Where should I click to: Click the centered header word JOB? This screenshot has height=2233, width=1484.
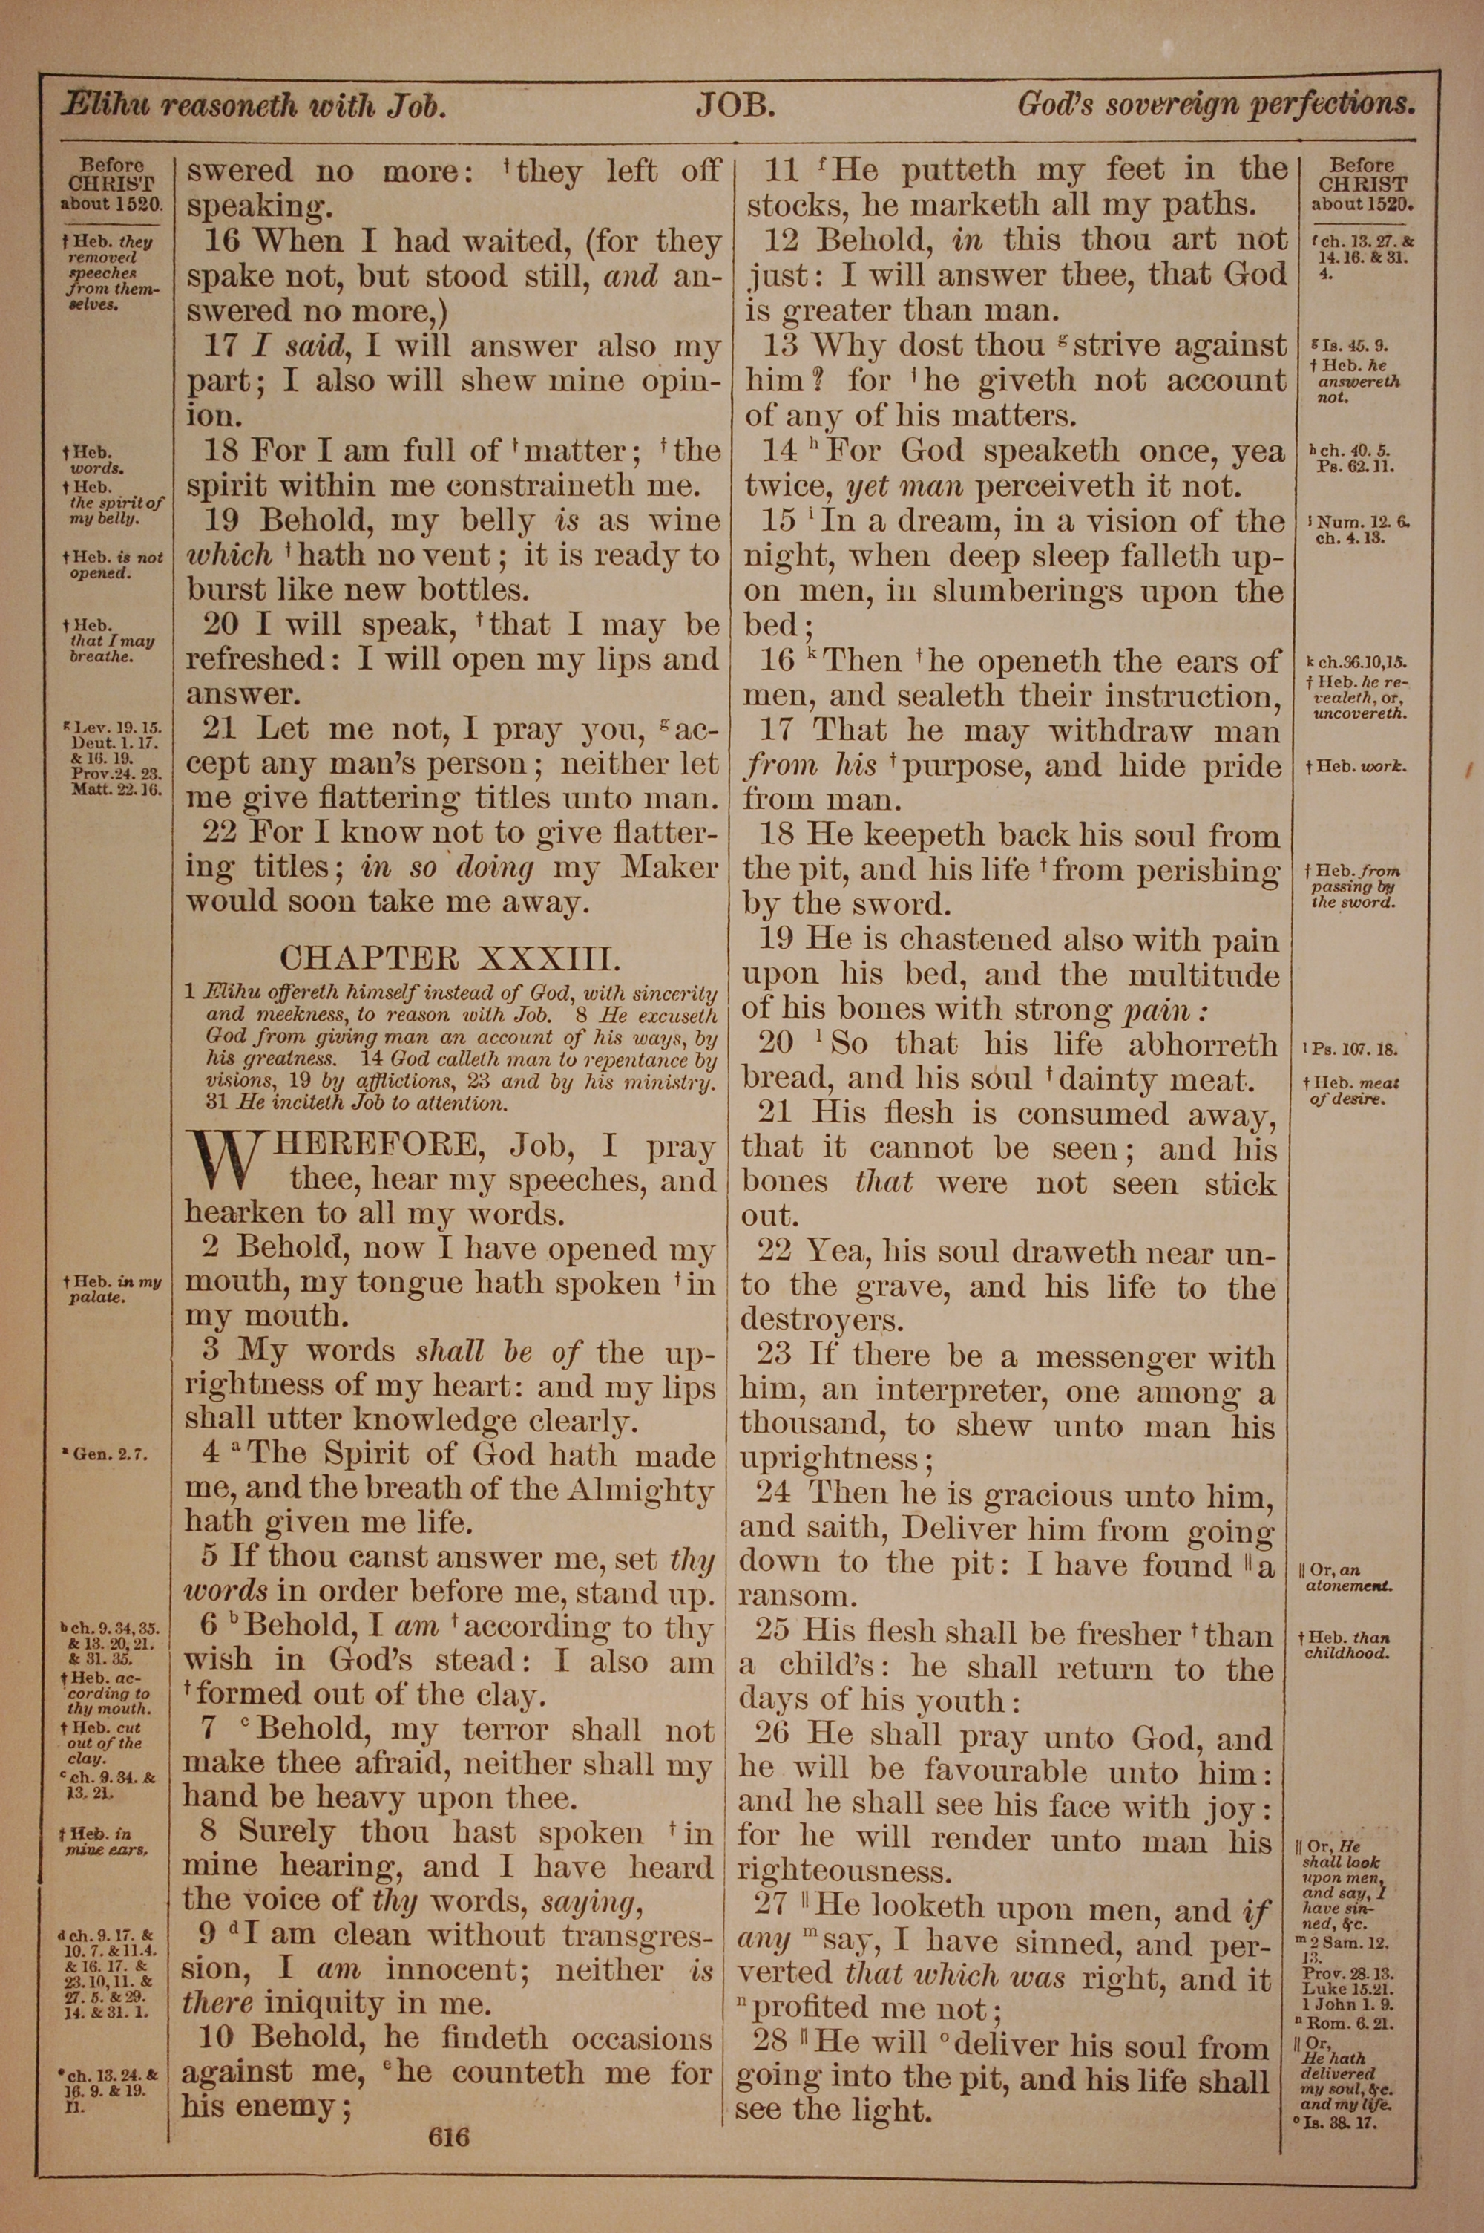736,105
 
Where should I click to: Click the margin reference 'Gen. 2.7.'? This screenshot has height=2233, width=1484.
110,1455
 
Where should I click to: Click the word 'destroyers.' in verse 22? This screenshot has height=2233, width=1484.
821,1321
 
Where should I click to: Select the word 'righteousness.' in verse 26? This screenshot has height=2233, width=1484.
842,1872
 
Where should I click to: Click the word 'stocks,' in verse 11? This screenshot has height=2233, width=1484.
797,206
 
